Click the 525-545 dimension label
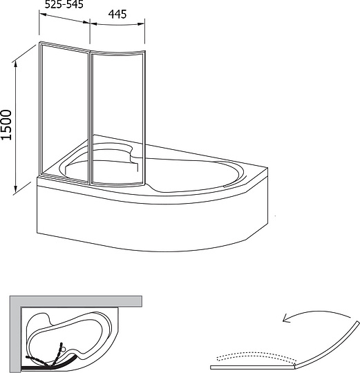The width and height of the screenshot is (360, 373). click(64, 4)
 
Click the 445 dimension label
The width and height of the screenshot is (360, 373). click(117, 15)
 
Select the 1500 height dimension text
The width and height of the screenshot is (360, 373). click(6, 124)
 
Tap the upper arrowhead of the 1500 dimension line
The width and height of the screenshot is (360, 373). click(16, 64)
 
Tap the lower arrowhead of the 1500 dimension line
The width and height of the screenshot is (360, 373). click(15, 189)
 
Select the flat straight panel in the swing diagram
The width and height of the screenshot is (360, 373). click(252, 367)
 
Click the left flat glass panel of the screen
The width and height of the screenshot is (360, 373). click(64, 112)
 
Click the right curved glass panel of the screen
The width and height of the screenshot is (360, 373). click(117, 117)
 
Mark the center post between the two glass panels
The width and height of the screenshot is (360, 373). click(90, 117)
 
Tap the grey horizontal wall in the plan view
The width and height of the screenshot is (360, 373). click(76, 301)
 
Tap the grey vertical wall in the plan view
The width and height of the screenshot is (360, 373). click(15, 334)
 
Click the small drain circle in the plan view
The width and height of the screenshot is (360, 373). click(64, 350)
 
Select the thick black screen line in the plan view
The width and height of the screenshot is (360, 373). click(48, 367)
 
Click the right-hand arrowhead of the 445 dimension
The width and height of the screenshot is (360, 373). click(142, 23)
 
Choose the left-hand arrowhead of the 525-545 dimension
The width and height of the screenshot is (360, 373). click(43, 15)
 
